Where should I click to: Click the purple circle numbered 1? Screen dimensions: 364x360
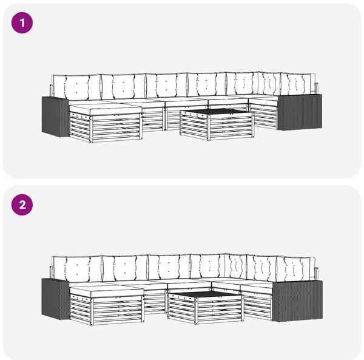22,23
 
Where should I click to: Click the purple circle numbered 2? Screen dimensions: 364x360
22,205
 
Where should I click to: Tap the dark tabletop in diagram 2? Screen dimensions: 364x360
204,294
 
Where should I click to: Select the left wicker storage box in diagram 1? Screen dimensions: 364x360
55,117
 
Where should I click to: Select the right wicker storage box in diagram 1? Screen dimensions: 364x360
300,112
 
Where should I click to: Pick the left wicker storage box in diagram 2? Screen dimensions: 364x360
55,299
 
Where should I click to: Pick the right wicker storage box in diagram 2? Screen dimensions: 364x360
297,301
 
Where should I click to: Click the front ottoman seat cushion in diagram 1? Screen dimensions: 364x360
106,109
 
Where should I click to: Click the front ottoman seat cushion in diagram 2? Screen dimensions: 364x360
107,291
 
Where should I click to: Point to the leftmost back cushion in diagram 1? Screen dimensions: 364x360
76,87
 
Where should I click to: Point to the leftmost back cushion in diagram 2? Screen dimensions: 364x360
77,270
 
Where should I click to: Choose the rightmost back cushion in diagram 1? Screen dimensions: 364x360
298,84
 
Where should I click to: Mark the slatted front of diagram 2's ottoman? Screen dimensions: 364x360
118,311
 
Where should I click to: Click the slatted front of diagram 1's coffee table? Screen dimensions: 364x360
231,127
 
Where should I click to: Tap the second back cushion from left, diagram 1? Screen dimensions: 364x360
124,86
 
